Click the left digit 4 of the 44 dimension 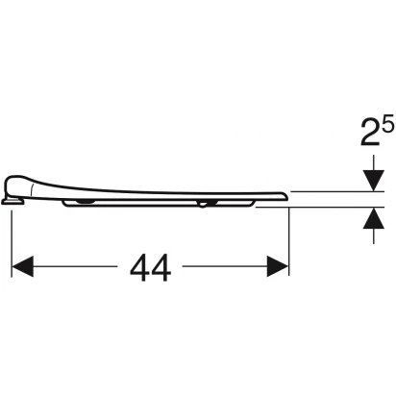point(139,268)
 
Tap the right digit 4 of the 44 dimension point(161,268)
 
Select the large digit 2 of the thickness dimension point(370,132)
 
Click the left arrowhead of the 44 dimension point(22,266)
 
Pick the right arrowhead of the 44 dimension point(278,266)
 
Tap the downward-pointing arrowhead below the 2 point(373,181)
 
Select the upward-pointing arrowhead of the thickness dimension point(373,218)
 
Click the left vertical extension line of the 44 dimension point(12,243)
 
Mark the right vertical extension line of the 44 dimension point(289,241)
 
